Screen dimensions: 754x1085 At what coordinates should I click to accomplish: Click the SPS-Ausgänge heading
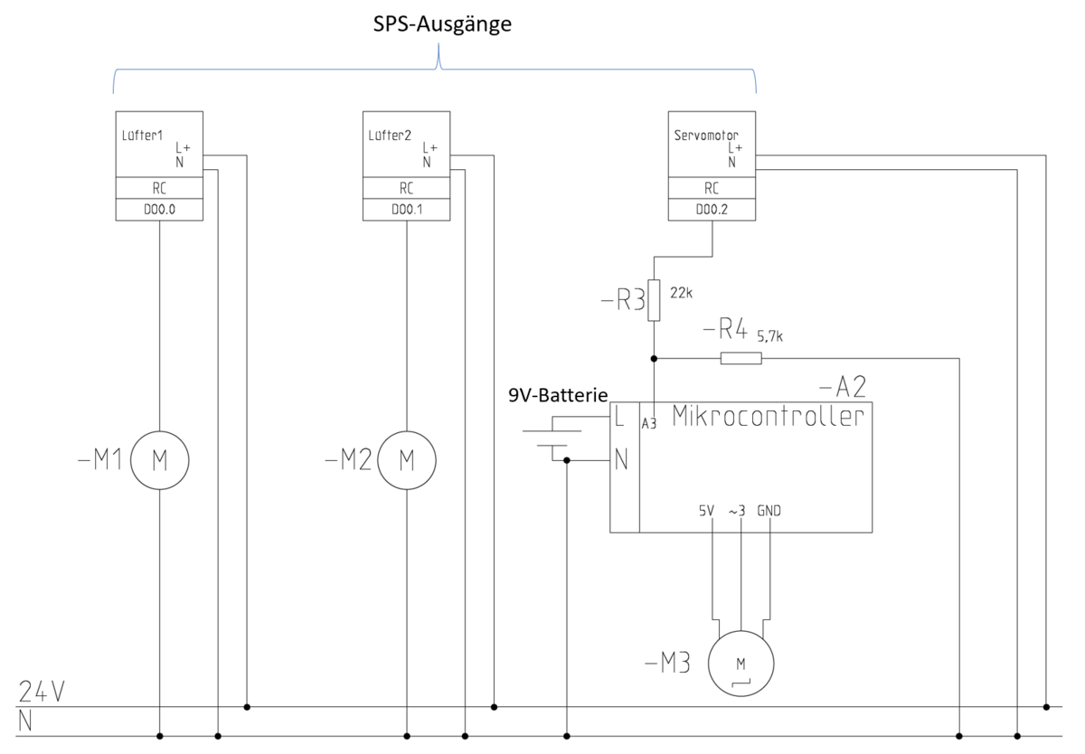coord(443,24)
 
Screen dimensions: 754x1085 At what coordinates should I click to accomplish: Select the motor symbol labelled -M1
coord(160,460)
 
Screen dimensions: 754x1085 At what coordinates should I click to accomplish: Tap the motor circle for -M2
coord(406,460)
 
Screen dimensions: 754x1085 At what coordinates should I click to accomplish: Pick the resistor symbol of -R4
coord(741,359)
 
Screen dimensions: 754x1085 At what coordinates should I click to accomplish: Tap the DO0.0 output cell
coord(159,210)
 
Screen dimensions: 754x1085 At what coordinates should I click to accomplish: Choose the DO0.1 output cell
coord(406,210)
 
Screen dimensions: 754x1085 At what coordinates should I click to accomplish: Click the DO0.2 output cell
coord(712,210)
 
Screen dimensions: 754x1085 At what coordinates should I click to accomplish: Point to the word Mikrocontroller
coord(768,417)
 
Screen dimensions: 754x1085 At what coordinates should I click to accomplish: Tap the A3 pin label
coord(649,422)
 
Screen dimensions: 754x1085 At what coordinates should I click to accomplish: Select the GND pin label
coord(769,511)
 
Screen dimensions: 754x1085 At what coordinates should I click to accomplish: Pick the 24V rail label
coord(42,693)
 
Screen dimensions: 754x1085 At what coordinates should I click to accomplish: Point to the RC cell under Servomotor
coord(712,189)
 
